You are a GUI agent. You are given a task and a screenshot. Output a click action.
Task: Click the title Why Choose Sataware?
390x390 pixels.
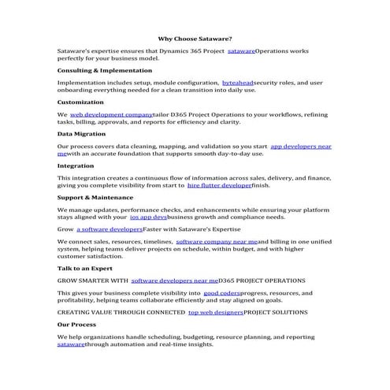tap(194, 37)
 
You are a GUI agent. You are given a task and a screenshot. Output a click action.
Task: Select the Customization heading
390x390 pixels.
tap(80, 102)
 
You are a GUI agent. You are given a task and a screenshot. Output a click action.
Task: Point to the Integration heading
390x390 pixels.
tap(76, 166)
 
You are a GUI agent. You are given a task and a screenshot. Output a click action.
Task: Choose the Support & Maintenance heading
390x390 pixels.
tap(95, 198)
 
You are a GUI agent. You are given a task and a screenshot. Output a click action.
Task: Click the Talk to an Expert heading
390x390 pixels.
tap(85, 268)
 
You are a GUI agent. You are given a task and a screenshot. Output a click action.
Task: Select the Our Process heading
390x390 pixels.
tap(77, 324)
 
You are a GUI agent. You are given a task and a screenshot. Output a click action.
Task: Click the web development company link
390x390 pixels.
tap(111, 114)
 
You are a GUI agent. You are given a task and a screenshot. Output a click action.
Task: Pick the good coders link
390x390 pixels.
tap(221, 293)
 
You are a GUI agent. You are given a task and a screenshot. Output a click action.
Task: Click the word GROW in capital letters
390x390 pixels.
tap(68, 280)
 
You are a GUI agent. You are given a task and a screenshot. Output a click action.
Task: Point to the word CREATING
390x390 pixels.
tap(75, 312)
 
